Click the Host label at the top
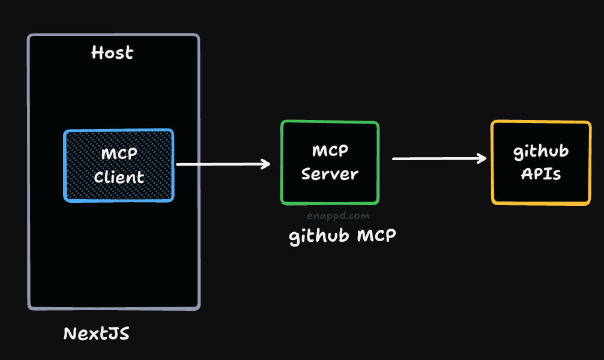click(x=112, y=53)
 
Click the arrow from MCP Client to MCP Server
click(x=222, y=164)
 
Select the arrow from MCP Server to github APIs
click(x=438, y=158)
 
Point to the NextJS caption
click(x=96, y=334)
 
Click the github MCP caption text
click(x=342, y=236)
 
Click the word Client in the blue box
click(x=119, y=178)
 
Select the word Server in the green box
click(x=330, y=175)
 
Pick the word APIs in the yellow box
click(x=541, y=174)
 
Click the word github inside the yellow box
click(x=541, y=152)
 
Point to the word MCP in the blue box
click(x=119, y=154)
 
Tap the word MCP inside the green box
click(x=330, y=151)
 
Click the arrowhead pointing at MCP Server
click(x=266, y=164)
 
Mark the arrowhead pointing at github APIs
click(x=482, y=158)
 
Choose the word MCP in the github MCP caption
click(x=376, y=236)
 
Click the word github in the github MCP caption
click(x=319, y=236)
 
